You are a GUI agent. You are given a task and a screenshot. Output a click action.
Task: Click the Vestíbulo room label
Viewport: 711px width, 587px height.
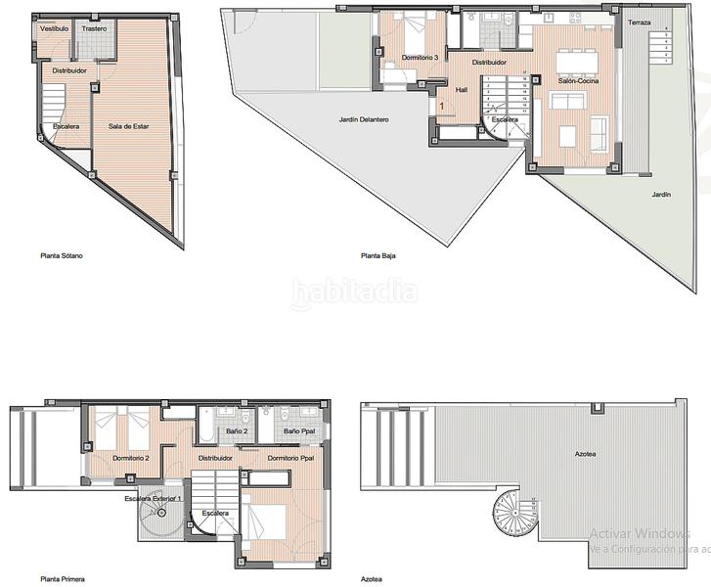point(55,29)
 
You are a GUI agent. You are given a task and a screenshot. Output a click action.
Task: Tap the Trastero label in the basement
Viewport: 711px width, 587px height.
point(94,29)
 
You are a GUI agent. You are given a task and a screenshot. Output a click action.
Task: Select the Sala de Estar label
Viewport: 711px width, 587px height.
point(128,126)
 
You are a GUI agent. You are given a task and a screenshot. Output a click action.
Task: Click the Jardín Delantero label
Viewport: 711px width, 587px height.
point(364,119)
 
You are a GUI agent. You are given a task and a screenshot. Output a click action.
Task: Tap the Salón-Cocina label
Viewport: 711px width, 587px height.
point(578,81)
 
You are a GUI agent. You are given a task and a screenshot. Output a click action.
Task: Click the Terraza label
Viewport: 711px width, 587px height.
point(639,23)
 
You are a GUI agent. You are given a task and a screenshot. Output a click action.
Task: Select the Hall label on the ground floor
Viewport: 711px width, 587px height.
point(463,88)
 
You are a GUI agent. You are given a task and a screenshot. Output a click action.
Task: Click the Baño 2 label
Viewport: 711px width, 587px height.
point(238,431)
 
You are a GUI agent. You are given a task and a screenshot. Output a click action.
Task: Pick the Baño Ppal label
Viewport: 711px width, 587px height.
point(297,431)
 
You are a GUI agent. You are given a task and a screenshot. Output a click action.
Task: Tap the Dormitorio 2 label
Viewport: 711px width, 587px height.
point(131,458)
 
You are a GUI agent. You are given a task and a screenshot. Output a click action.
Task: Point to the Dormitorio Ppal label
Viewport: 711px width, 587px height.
point(290,458)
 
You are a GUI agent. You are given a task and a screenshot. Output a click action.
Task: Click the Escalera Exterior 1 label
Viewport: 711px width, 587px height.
point(153,499)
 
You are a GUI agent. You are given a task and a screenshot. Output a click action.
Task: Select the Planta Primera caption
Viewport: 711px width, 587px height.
point(63,578)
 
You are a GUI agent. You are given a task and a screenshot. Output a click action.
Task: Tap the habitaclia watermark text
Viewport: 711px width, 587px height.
point(355,291)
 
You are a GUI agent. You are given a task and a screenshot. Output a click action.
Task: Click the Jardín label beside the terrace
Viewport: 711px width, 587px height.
point(662,195)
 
